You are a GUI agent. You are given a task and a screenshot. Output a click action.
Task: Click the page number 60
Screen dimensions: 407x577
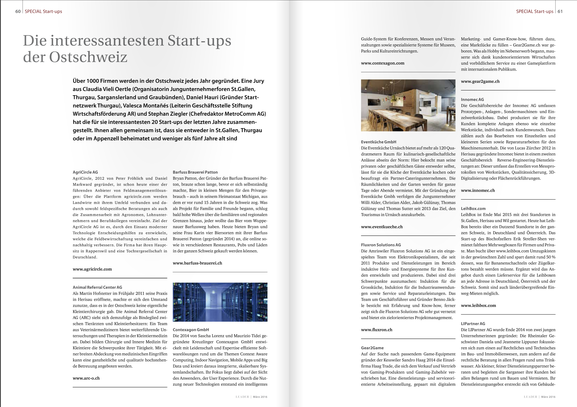pos(18,11)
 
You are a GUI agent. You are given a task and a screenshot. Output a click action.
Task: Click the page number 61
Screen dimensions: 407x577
pos(560,11)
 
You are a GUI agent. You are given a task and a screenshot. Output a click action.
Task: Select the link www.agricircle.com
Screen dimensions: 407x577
pos(92,269)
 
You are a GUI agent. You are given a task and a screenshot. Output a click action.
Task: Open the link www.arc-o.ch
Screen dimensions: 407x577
pos(86,378)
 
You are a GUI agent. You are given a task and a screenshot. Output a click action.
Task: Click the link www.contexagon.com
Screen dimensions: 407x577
pos(382,63)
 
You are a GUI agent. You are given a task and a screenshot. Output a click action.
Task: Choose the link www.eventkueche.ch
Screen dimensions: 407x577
pos(382,227)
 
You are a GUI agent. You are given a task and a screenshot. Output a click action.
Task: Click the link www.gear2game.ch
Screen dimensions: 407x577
pos(480,81)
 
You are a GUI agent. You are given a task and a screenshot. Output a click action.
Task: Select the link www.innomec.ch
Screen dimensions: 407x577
pos(478,190)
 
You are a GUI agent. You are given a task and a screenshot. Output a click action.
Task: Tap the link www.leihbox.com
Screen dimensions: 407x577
pos(478,305)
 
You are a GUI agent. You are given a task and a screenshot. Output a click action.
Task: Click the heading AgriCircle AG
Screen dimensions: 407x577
pos(85,172)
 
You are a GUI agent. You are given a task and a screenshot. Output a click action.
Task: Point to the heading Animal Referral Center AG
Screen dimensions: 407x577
pos(97,287)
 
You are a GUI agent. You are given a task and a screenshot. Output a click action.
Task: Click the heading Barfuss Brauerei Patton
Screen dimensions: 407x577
pos(195,172)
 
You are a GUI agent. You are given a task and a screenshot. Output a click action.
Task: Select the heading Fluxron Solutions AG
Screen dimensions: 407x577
pos(381,245)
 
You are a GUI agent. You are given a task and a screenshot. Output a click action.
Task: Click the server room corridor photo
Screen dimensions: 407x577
pos(220,302)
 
